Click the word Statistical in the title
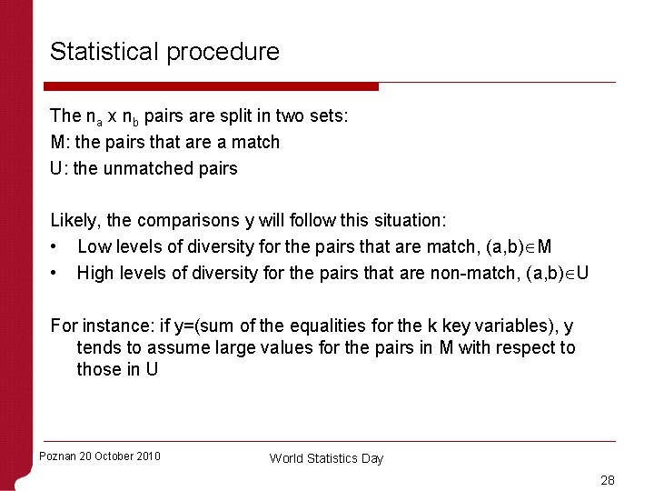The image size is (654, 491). click(104, 52)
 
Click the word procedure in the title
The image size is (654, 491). click(223, 53)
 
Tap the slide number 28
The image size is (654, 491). click(608, 479)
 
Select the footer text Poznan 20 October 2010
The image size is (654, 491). click(100, 456)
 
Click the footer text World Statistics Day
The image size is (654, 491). click(326, 459)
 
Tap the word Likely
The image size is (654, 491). click(74, 221)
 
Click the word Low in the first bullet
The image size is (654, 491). click(94, 246)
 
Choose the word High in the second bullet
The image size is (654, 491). click(95, 273)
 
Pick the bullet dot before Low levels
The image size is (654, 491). click(55, 247)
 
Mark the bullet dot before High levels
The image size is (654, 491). click(55, 274)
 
